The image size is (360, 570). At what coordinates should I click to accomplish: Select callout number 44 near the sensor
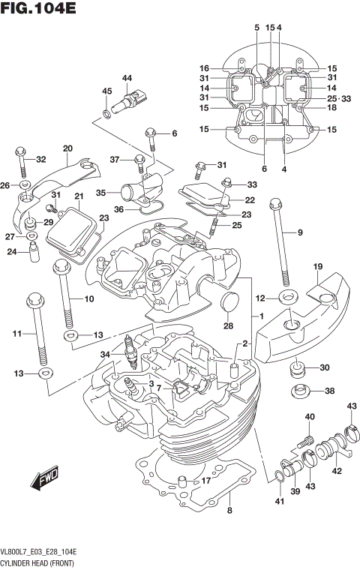pos(127,78)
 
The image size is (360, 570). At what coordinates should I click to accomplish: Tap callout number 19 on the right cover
pos(317,266)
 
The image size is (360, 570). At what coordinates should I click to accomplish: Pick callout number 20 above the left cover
pos(67,148)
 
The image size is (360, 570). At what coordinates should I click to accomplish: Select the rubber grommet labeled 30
pos(298,368)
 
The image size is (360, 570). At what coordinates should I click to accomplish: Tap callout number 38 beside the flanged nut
pos(328,391)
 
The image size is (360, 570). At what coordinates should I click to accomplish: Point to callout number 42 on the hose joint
pos(337,471)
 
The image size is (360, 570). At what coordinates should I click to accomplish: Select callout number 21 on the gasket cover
pos(79,196)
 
